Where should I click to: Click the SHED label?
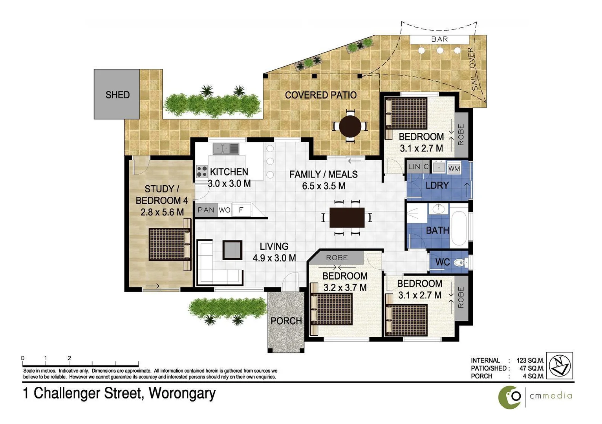coord(117,95)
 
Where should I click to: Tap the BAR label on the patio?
coord(439,39)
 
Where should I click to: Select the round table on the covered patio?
coord(350,126)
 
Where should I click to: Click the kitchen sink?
coord(226,149)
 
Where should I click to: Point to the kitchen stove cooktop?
coord(202,172)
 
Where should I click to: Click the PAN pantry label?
coord(206,210)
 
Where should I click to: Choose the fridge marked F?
coord(241,210)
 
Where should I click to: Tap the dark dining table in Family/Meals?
coord(347,217)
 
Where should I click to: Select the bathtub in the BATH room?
coord(459,228)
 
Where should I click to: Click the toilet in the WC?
coord(459,262)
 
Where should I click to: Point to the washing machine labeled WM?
coord(454,168)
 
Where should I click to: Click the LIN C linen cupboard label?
coord(418,166)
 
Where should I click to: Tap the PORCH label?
coord(286,321)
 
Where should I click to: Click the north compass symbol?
coord(560,366)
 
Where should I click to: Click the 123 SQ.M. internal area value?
coord(530,360)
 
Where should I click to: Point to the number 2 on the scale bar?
coord(70,358)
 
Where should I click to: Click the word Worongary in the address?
coord(182,393)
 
